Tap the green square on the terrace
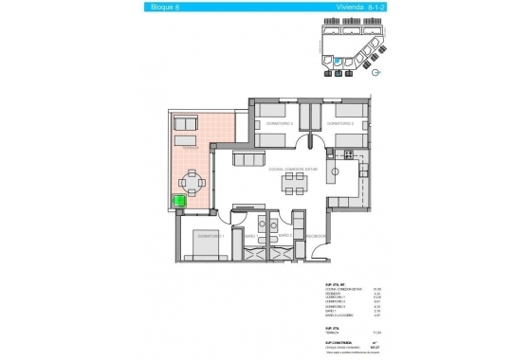[178, 201]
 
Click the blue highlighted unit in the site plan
[337, 60]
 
